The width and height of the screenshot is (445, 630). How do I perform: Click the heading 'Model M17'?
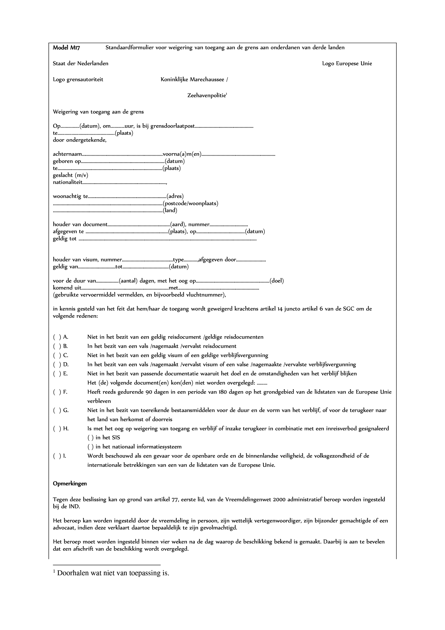tap(66, 48)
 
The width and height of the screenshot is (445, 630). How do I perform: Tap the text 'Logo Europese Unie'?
tap(347, 64)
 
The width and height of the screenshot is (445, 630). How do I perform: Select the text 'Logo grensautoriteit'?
tap(78, 80)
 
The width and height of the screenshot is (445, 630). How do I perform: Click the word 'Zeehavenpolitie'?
tap(206, 96)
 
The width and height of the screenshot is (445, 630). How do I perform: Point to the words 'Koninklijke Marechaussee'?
tap(193, 80)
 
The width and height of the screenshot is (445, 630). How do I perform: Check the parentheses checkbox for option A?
tap(57, 337)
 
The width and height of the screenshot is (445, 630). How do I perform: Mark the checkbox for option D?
tap(57, 365)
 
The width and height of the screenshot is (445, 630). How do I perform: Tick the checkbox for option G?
tap(57, 410)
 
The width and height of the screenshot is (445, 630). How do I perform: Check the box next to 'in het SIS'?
tap(91, 438)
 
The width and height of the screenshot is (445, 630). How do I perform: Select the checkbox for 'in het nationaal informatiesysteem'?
tap(91, 447)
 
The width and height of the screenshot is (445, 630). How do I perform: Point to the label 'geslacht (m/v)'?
tap(71, 175)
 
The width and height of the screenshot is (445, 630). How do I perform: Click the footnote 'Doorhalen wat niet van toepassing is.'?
tap(113, 573)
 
